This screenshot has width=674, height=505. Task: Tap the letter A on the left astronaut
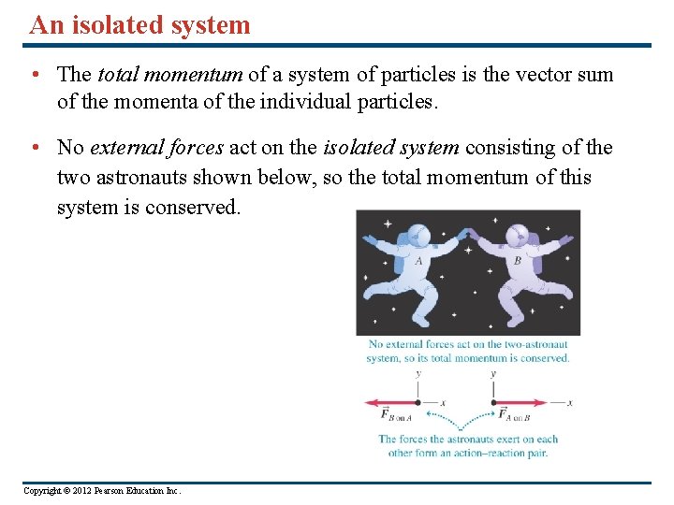click(418, 262)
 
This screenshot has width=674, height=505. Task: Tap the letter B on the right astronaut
click(518, 262)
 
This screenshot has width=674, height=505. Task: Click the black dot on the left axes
click(418, 403)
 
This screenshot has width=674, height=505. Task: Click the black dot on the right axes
click(493, 403)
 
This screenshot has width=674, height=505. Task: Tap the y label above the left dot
click(418, 373)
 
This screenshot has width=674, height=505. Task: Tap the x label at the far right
click(569, 403)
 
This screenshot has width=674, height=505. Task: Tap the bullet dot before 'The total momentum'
click(33, 74)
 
